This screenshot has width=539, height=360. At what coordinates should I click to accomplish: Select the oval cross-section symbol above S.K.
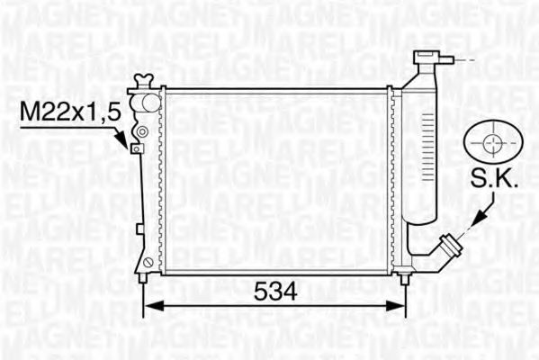(492, 144)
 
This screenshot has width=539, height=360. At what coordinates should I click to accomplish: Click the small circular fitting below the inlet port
(140, 132)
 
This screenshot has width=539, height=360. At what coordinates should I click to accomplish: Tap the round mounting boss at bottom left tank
(146, 262)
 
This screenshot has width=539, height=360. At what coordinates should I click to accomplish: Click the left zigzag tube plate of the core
(160, 180)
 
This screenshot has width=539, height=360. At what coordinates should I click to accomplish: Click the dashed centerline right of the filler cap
(463, 60)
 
